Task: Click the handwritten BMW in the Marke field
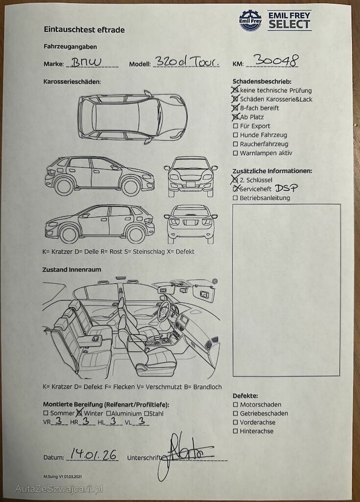pos(86,62)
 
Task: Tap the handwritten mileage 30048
pos(276,60)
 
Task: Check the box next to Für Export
pos(236,126)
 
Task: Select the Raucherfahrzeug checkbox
pos(236,144)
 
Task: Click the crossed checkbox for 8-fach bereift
pos(236,108)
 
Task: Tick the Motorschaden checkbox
pos(236,404)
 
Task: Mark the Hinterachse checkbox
pos(236,431)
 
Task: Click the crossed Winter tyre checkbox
pos(79,412)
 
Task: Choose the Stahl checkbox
pos(146,413)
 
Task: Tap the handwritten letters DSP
pos(286,188)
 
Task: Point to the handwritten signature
pos(186,454)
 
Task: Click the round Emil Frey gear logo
pos(250,21)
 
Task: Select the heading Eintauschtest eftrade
pos(84,30)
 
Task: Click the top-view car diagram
pos(132,117)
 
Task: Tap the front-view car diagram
pos(191,176)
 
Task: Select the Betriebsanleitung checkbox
pos(236,198)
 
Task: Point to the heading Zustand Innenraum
pos(72,270)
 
